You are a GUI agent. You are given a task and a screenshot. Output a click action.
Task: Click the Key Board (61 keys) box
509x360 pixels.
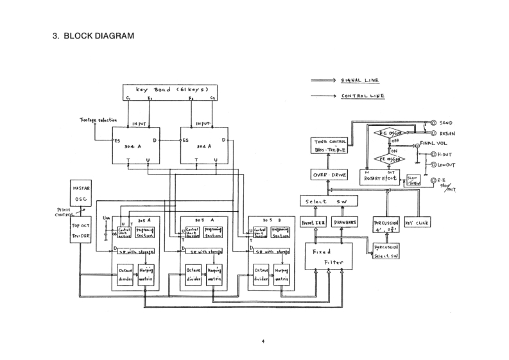click(169, 92)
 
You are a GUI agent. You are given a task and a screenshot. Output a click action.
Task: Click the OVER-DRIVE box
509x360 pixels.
click(329, 175)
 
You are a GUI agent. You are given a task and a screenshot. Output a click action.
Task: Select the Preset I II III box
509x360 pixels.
click(314, 223)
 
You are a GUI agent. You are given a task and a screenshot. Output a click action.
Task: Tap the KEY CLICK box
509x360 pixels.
click(417, 223)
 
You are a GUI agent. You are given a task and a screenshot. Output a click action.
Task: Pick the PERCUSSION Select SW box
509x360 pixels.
click(386, 251)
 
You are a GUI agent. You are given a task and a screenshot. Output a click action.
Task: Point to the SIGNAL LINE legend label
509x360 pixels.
click(360, 81)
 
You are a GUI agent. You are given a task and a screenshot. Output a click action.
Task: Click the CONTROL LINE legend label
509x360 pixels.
click(363, 96)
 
